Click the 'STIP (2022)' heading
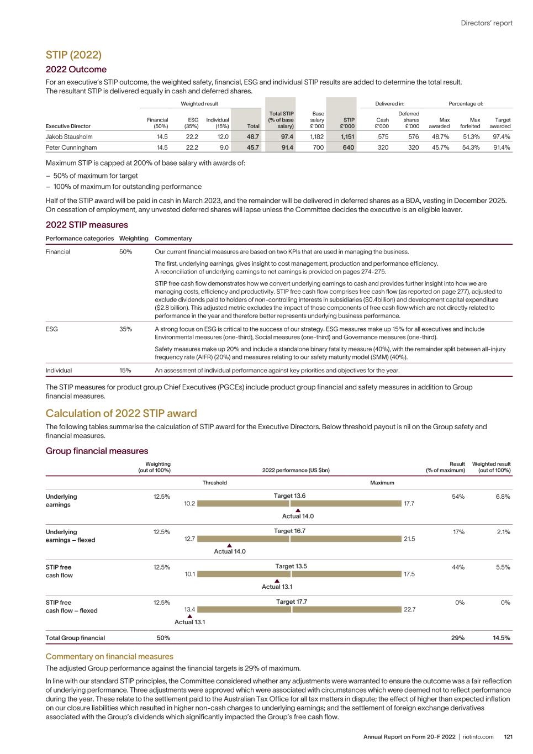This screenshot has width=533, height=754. point(73,55)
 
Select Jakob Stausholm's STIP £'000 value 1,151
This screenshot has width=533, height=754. point(346,136)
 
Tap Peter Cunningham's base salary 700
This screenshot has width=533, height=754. point(318,147)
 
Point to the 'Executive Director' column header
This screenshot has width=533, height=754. point(68,126)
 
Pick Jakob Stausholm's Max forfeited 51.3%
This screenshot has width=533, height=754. point(471,136)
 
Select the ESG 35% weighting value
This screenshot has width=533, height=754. point(125,329)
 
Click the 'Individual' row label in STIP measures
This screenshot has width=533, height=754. point(59,371)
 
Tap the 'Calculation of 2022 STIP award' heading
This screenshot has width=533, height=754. point(121,413)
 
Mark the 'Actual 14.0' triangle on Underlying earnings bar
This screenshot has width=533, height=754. point(298,510)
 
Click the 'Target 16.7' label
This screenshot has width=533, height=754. point(290,531)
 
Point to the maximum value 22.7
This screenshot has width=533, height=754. point(409,609)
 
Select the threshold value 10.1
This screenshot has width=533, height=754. point(190,574)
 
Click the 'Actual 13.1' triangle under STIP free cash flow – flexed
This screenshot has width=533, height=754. point(189,616)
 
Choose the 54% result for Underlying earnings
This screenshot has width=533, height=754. point(458,497)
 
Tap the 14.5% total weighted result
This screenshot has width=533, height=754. point(501,638)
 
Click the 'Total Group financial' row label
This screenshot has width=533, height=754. point(75,638)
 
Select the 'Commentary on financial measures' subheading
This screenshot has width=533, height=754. point(109,656)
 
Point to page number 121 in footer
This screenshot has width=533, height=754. point(508,737)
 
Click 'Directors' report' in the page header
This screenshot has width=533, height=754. point(487,23)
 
